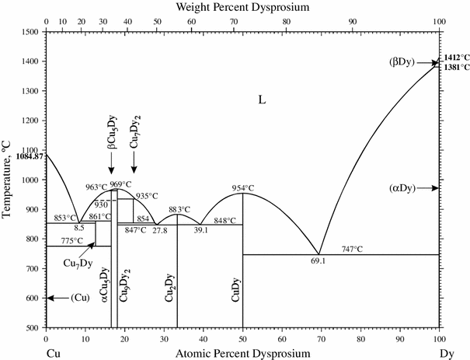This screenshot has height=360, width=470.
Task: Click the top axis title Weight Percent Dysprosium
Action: click(242, 7)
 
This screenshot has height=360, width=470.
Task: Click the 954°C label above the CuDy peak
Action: click(244, 188)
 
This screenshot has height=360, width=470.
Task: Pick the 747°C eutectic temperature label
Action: click(353, 248)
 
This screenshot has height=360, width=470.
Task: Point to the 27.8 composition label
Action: click(160, 231)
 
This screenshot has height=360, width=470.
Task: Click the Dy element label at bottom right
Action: click(445, 353)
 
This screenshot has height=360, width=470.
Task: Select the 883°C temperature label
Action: click(179, 209)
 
